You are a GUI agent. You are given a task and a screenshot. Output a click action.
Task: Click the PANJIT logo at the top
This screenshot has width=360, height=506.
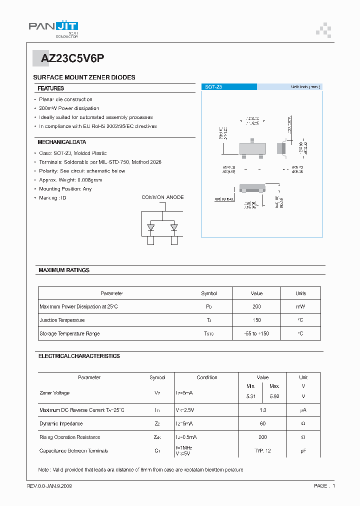click(x=53, y=28)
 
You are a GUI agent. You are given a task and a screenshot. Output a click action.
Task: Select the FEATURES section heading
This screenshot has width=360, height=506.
click(x=51, y=88)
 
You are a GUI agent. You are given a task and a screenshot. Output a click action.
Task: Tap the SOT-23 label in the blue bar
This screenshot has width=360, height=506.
click(x=213, y=87)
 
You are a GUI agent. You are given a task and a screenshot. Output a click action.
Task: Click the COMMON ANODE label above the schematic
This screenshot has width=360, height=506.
click(x=162, y=197)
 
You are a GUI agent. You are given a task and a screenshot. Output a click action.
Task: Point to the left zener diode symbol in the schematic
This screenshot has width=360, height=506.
click(x=150, y=227)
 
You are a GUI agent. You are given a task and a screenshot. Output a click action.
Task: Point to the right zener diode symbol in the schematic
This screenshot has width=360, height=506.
click(x=174, y=227)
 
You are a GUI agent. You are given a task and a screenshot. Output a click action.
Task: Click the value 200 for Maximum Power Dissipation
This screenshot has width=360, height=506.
click(x=256, y=306)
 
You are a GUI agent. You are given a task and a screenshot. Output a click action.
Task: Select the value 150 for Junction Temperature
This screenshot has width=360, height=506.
click(x=256, y=320)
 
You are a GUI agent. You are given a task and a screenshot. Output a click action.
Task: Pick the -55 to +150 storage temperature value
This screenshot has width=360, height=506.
click(x=256, y=333)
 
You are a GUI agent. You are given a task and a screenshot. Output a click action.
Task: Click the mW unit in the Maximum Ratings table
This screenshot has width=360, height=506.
click(x=300, y=306)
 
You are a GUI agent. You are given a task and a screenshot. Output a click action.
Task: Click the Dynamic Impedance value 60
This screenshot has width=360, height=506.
click(x=262, y=423)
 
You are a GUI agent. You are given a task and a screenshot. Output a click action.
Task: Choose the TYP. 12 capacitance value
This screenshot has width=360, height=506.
click(x=262, y=451)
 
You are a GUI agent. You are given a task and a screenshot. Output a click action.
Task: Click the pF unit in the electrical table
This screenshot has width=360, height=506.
click(x=303, y=451)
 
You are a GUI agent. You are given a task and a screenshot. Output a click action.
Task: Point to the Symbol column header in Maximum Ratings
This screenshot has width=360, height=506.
click(x=209, y=293)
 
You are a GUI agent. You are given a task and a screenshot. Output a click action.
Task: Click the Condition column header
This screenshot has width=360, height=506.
click(x=207, y=377)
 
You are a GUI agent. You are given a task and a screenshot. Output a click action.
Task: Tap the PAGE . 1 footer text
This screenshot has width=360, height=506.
click(x=324, y=486)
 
